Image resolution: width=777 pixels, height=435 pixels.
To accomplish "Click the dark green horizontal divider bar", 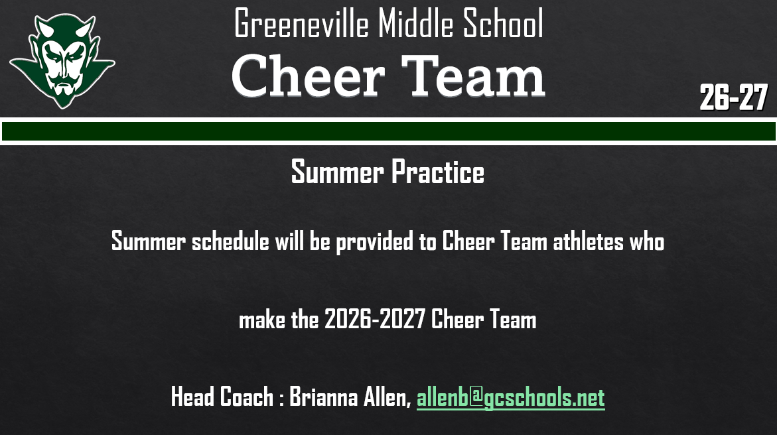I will [x=388, y=131].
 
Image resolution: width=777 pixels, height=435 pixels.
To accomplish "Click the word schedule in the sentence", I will [x=230, y=241].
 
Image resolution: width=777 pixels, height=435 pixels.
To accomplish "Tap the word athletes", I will [x=588, y=241].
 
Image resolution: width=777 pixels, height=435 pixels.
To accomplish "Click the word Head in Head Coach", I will [x=193, y=397].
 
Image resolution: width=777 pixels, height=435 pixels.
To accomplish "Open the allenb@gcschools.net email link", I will [x=510, y=398].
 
